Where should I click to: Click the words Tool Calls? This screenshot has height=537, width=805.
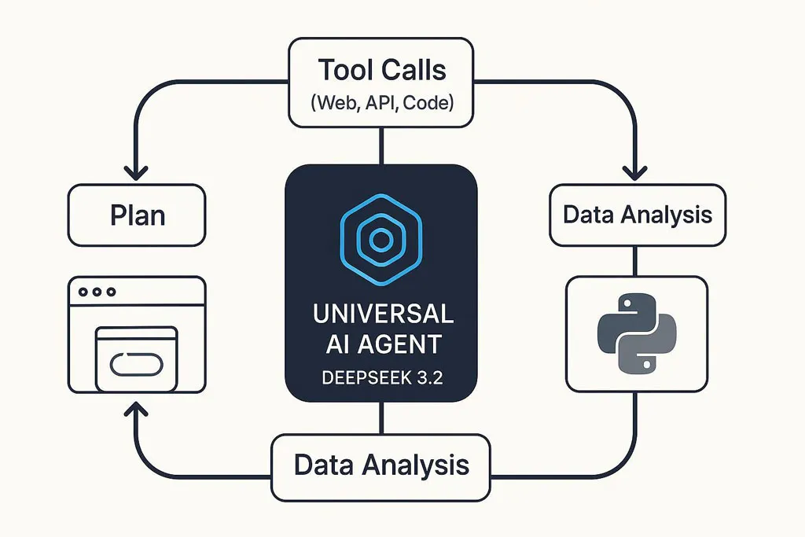(381, 70)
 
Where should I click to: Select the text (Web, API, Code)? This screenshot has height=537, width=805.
(382, 103)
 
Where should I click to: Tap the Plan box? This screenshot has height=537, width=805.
(137, 215)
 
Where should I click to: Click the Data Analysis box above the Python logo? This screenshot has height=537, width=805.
(638, 215)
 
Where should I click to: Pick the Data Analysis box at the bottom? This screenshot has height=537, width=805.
(381, 467)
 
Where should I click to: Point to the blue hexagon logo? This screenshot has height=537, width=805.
(381, 239)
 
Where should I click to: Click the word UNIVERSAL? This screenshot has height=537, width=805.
(383, 314)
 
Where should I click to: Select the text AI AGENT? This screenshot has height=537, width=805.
(384, 344)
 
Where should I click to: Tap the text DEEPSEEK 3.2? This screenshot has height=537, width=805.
(382, 378)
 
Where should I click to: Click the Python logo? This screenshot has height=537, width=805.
(637, 333)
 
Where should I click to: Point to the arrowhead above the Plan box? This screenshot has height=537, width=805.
(136, 173)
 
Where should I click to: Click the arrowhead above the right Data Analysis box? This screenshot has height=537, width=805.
(635, 173)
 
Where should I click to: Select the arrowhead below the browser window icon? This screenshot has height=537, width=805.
(136, 409)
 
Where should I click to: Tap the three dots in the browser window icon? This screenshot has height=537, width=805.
(97, 292)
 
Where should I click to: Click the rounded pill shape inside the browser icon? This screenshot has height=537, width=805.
(137, 364)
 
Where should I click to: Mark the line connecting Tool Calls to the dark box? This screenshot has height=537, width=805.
(381, 145)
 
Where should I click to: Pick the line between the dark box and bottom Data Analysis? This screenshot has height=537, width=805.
(381, 418)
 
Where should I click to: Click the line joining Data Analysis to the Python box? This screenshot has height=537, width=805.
(635, 261)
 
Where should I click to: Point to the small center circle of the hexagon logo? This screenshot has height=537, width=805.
(381, 239)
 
